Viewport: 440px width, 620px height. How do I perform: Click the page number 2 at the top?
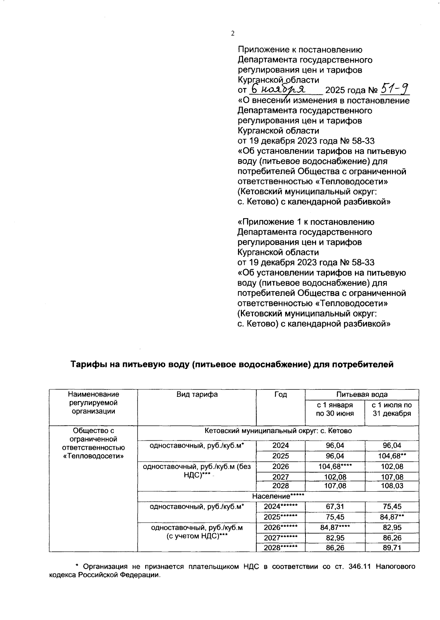pos(232,34)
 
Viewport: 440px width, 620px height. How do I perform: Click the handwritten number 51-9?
pos(395,88)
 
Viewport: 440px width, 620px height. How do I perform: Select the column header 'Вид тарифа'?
pos(197,395)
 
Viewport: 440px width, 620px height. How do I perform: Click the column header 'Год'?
pos(280,395)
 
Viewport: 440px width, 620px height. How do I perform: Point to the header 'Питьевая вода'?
pos(362,395)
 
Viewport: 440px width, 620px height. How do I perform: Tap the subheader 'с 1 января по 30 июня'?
pos(335,409)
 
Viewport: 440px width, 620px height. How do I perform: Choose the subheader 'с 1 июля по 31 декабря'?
pos(392,409)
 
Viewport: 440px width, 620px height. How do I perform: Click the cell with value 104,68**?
pos(392,456)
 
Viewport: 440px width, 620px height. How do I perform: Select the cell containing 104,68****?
pos(335,466)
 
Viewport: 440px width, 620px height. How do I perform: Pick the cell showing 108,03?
pos(392,486)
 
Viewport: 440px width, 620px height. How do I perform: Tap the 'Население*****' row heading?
pos(278,496)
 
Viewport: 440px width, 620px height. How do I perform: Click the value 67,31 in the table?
pos(335,506)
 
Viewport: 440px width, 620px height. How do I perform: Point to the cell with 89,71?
pos(392,548)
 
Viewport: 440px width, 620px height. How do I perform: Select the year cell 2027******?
pos(280,538)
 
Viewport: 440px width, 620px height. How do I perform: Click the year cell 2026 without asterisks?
pos(280,466)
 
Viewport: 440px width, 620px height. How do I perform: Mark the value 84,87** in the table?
pos(392,517)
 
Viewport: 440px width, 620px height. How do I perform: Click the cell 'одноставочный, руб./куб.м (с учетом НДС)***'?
pos(197,532)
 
